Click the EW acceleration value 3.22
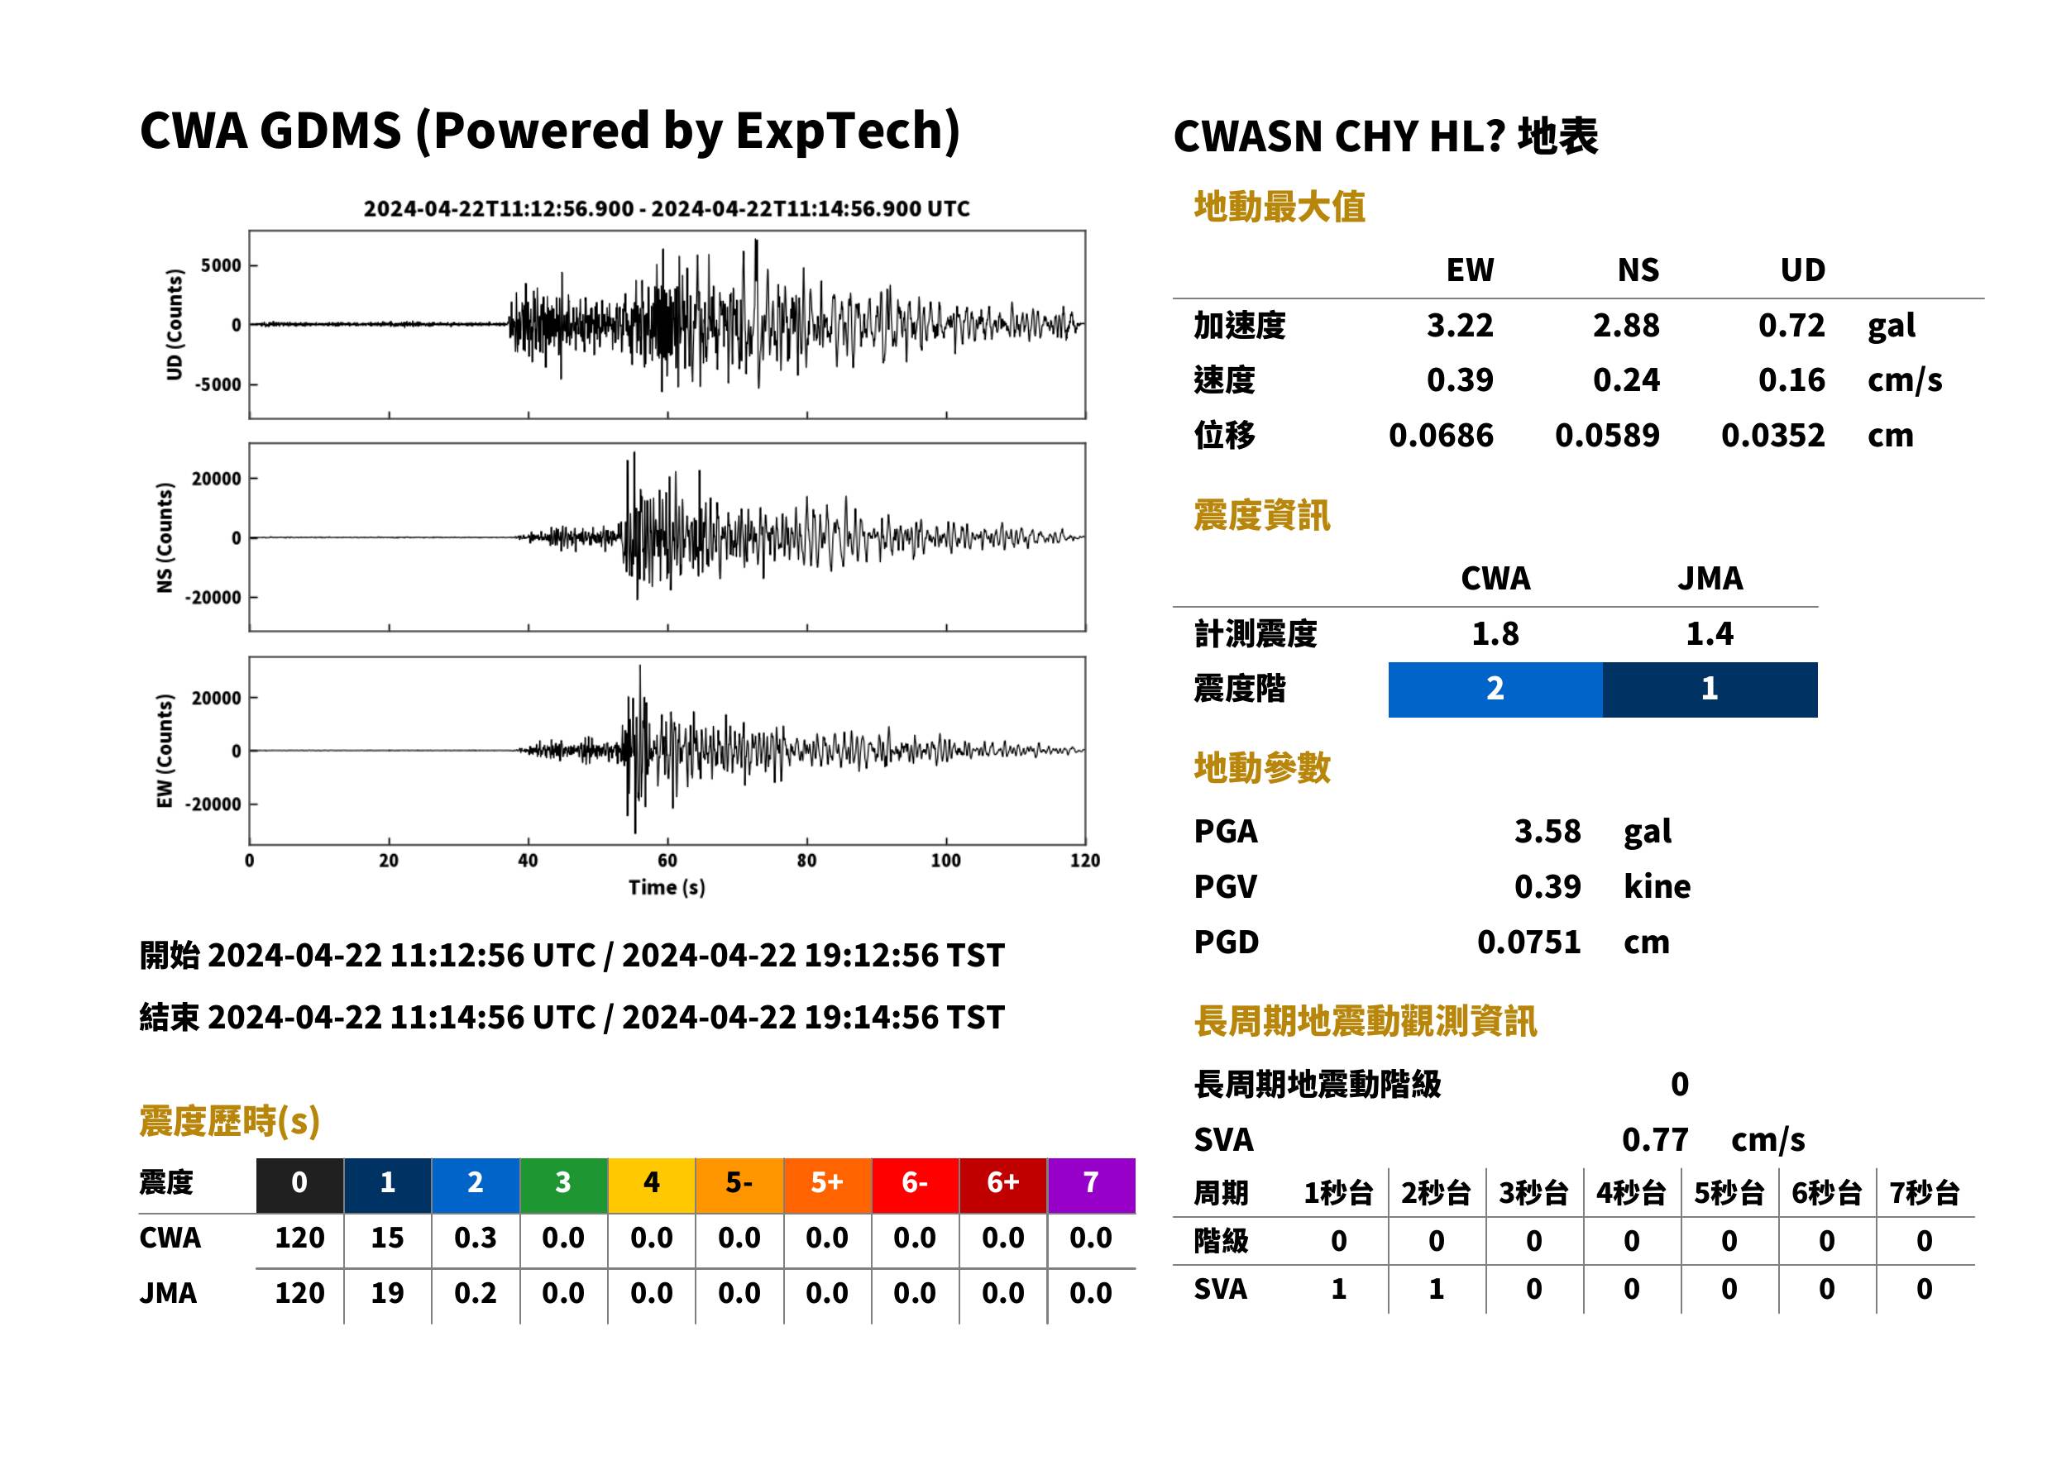pos(1459,325)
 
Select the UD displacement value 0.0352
pos(1772,435)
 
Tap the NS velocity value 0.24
pos(1625,379)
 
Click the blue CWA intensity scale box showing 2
pos(1495,690)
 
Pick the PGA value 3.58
pos(1547,831)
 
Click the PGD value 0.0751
pos(1528,942)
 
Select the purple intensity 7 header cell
pos(1091,1185)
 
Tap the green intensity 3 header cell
pos(563,1185)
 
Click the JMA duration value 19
pos(387,1293)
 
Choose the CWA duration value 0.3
pos(476,1238)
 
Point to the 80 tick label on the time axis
pos(806,861)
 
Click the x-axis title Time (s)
pos(667,888)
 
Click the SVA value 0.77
pos(1655,1139)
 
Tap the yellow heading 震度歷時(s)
pos(230,1121)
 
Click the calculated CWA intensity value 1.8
pos(1495,633)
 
